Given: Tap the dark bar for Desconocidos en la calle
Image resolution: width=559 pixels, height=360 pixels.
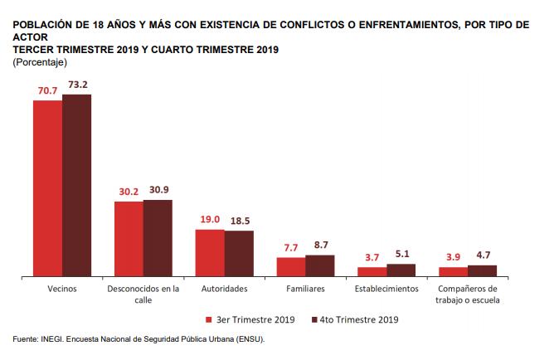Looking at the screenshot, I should (x=158, y=237).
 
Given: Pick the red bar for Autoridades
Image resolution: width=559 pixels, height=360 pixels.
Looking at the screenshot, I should (x=210, y=252).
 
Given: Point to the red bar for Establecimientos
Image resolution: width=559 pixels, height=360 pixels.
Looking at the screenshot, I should (x=372, y=270).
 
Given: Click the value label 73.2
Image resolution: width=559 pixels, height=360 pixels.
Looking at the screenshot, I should (x=77, y=85).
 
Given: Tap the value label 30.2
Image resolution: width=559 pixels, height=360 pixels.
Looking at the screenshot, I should (x=129, y=192).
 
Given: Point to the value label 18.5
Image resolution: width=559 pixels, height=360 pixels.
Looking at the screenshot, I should (x=239, y=221).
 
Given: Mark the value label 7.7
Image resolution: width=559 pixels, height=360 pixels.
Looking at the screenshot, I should (x=290, y=247).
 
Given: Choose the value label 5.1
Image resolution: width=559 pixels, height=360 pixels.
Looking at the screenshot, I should (x=401, y=254).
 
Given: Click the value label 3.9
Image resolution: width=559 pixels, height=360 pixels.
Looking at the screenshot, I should (x=453, y=257).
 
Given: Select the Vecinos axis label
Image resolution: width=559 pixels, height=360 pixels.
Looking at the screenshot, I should (x=62, y=289).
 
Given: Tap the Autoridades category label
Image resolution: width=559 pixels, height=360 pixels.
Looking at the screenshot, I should (x=224, y=289).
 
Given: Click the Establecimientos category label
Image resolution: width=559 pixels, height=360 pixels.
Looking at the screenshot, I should (x=386, y=289).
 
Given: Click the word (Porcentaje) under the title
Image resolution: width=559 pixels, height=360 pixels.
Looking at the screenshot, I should (x=40, y=63).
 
